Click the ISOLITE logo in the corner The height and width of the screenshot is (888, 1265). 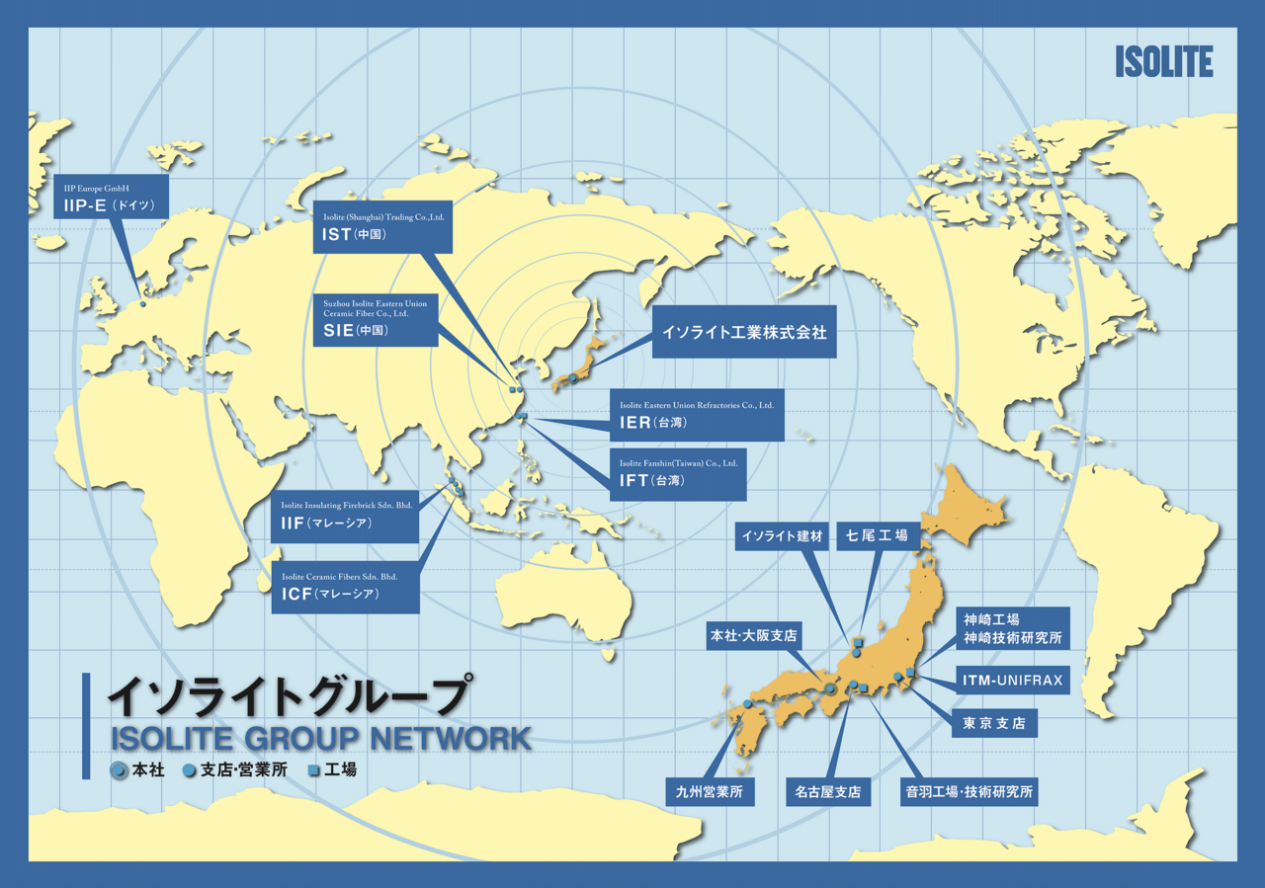pyautogui.click(x=1163, y=61)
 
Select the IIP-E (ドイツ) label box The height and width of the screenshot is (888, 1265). pyautogui.click(x=111, y=199)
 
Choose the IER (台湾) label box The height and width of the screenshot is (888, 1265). pyautogui.click(x=697, y=414)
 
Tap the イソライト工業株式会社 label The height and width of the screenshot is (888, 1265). pyautogui.click(x=743, y=334)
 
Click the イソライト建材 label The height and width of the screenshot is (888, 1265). pyautogui.click(x=782, y=536)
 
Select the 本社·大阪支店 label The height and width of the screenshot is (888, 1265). pyautogui.click(x=752, y=634)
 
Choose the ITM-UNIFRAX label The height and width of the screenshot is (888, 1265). pyautogui.click(x=1013, y=680)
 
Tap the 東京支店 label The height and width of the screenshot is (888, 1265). pyautogui.click(x=994, y=723)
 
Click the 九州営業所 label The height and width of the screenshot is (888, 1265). pyautogui.click(x=710, y=791)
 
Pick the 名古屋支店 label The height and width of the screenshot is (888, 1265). pyautogui.click(x=827, y=791)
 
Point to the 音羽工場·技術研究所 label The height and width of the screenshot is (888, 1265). pyautogui.click(x=969, y=791)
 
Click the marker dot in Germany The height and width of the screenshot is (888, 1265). pyautogui.click(x=142, y=303)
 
